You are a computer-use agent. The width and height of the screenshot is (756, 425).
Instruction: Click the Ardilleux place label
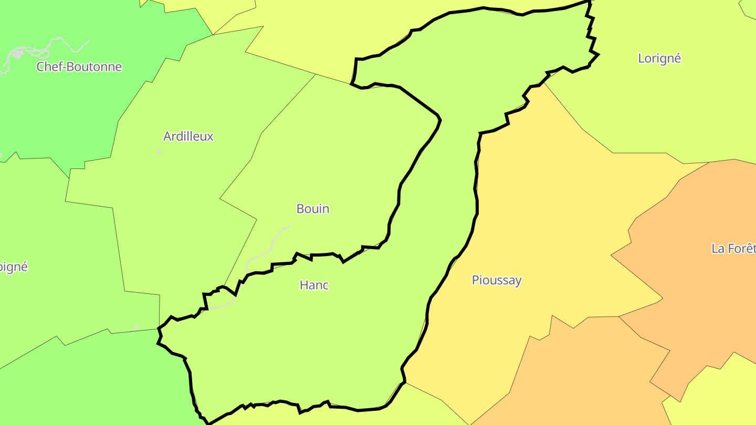coord(188,136)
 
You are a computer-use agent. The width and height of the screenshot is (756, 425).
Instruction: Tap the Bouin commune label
coord(313,209)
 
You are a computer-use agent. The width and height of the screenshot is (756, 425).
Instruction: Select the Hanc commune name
coord(314,285)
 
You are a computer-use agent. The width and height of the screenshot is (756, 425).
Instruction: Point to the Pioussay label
coord(497,280)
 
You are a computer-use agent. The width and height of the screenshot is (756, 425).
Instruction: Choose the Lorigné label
coord(659,58)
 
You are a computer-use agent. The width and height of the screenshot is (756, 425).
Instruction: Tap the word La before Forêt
coord(718,248)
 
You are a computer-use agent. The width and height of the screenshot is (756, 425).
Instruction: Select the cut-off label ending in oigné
coord(13,267)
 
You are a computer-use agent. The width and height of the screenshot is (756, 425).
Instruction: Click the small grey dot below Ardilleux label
coord(159,152)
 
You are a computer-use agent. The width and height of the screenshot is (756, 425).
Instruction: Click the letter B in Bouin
coord(300,209)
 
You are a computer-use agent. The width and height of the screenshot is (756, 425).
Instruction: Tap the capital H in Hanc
coord(303,285)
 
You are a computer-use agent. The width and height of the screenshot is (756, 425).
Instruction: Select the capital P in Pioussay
coord(476,280)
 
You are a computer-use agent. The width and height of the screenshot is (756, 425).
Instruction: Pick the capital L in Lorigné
coord(642,58)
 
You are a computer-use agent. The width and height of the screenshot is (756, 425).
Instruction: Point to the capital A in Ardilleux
coord(167,136)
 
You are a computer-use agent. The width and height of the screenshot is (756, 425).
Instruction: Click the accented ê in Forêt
coord(748,248)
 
